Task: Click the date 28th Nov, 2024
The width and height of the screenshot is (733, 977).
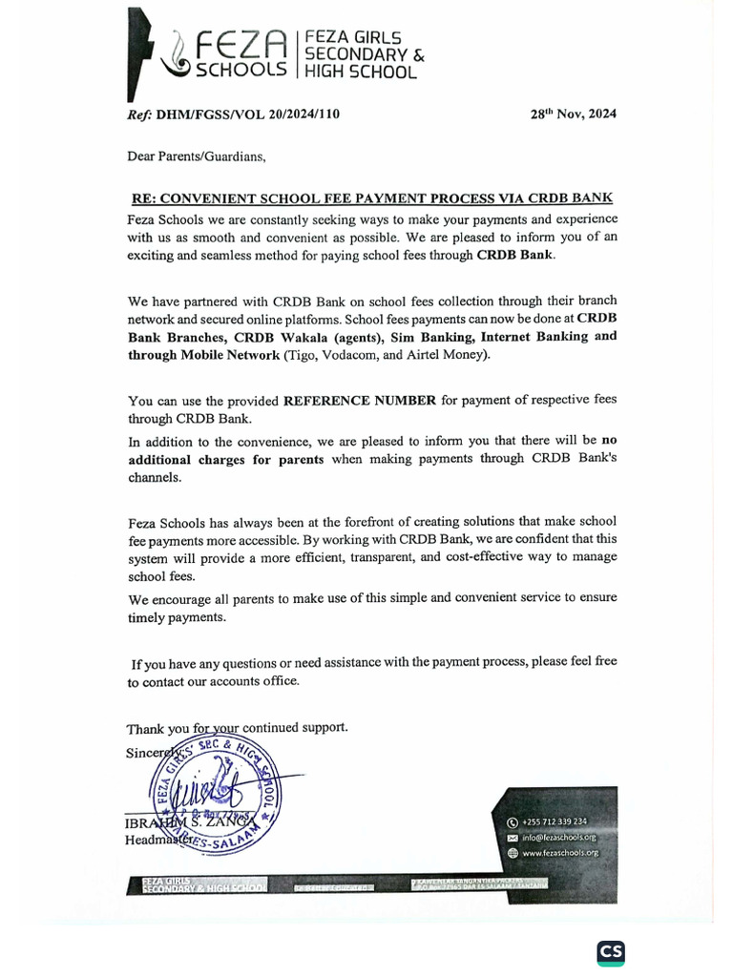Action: [573, 114]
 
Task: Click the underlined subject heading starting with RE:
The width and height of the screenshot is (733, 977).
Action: [371, 198]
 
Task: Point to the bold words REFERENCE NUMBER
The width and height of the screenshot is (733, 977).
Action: [360, 400]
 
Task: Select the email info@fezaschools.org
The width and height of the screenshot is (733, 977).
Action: [558, 837]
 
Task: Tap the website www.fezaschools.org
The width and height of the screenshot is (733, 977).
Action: [560, 852]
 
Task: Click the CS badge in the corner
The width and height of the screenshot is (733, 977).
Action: [611, 952]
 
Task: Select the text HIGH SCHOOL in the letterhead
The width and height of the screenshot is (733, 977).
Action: [360, 72]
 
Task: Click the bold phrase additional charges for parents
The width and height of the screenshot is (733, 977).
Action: [226, 459]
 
